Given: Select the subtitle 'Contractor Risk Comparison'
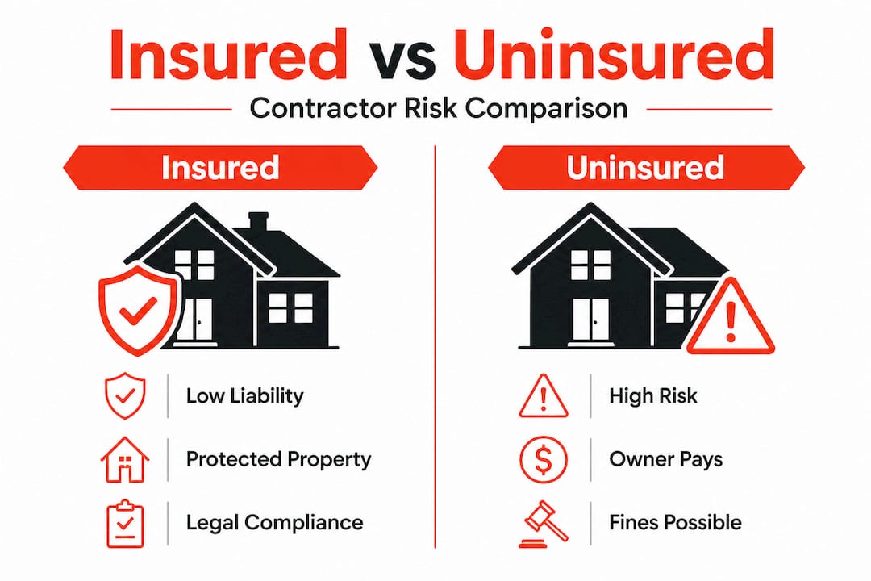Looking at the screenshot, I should (438, 108).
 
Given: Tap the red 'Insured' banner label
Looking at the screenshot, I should (219, 167).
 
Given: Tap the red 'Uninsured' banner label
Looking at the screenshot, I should (644, 167).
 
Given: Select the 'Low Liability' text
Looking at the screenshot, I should (244, 396).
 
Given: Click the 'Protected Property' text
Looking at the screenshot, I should (278, 459).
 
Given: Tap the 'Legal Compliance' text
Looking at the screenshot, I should (274, 522).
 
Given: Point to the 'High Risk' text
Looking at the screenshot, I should (653, 396).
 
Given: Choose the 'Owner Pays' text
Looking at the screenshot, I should (665, 459).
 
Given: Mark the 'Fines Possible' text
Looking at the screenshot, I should (675, 522).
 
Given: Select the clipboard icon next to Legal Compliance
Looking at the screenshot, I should (124, 523).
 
